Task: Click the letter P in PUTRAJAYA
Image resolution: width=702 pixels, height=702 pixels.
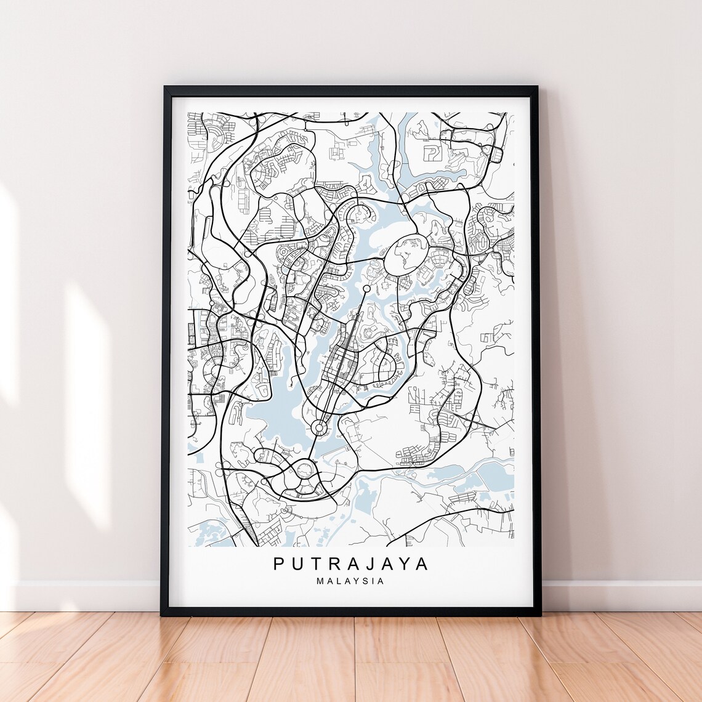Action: tap(280, 564)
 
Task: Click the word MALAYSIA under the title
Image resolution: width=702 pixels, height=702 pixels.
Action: tap(350, 581)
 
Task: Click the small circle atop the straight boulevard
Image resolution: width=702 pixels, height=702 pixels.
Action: tap(366, 288)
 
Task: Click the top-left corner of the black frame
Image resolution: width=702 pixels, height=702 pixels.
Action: tap(166, 89)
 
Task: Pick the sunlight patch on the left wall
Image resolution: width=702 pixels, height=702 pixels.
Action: tap(86, 394)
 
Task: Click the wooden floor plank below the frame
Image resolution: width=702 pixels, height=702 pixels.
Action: tap(351, 659)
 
